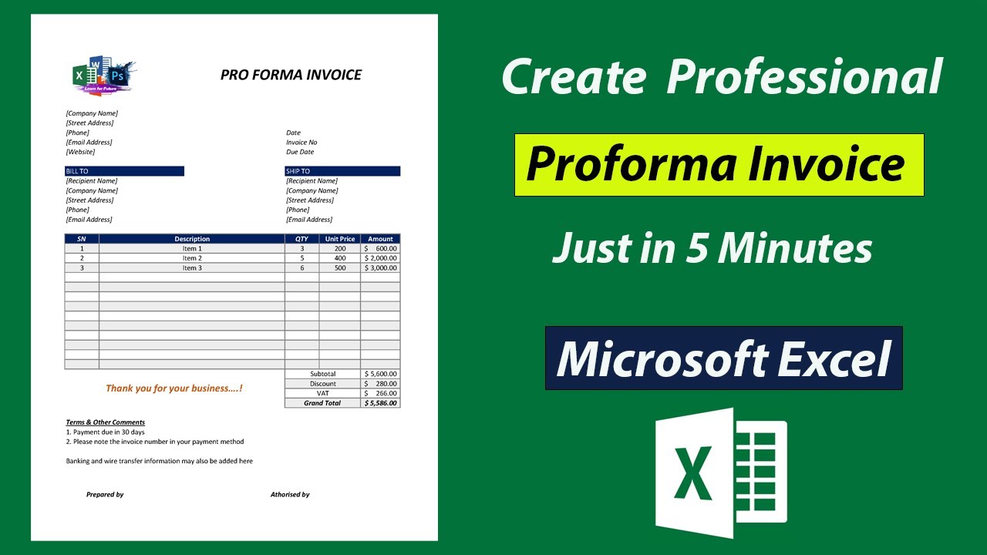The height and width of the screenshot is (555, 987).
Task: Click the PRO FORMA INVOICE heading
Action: [x=291, y=75]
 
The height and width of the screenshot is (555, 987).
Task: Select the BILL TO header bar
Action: [x=124, y=171]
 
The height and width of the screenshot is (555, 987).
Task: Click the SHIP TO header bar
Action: [x=342, y=171]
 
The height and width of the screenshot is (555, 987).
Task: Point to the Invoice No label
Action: [x=301, y=143]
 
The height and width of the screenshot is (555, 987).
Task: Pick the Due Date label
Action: [x=300, y=152]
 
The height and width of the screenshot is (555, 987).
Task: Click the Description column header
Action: [x=192, y=239]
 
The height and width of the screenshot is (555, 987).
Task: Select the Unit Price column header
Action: [x=340, y=239]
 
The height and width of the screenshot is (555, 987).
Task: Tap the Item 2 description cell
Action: [x=192, y=258]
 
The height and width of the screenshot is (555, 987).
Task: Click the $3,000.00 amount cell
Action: [x=381, y=268]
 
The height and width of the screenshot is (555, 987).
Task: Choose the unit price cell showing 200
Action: [x=340, y=249]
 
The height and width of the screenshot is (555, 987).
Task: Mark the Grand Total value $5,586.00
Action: [x=381, y=403]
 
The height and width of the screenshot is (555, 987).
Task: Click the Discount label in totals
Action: [x=323, y=384]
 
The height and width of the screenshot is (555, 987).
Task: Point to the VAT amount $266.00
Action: [x=381, y=393]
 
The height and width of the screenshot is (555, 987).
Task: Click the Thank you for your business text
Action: [x=174, y=388]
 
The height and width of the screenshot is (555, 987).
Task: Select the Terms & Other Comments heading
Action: [x=106, y=422]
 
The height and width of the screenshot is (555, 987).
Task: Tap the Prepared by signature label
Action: [x=105, y=495]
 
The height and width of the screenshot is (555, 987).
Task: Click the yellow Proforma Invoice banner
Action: [x=719, y=165]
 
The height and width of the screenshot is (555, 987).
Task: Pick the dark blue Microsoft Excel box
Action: [x=723, y=358]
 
